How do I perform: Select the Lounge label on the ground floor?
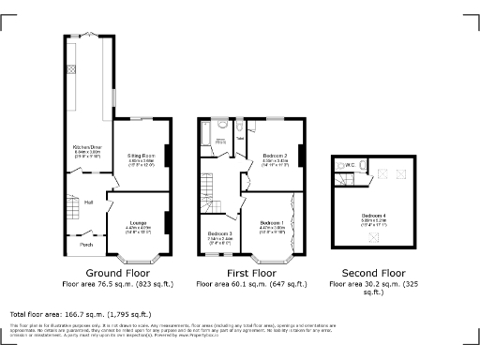137,224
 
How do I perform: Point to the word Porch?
86,245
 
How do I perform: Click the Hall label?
88,202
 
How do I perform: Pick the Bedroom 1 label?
272,223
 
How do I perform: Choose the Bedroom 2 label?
275,156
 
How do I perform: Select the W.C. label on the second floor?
348,165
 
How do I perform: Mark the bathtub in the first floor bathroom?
203,142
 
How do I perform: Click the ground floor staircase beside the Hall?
72,208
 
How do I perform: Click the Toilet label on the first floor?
240,138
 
